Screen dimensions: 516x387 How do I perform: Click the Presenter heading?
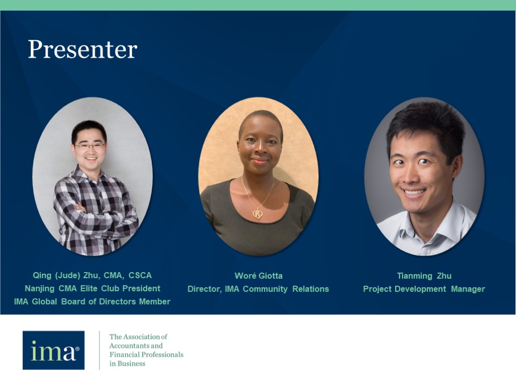tap(83, 50)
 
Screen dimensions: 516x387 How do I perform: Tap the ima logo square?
tap(53, 350)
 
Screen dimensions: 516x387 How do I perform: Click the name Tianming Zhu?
tap(424, 276)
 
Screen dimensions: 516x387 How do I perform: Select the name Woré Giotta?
tap(259, 276)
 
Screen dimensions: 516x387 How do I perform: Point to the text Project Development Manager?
tap(424, 289)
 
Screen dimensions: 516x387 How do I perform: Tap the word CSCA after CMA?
tap(140, 275)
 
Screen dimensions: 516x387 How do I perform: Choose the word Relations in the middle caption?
tap(310, 289)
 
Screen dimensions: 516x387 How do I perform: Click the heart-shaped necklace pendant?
tap(257, 214)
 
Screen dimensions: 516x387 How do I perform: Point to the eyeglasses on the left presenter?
tap(90, 146)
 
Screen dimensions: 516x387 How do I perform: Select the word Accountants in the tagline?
tap(136, 346)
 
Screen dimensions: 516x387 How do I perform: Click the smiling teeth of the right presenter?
tap(414, 192)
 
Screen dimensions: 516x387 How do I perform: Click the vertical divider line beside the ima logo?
tap(99, 350)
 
